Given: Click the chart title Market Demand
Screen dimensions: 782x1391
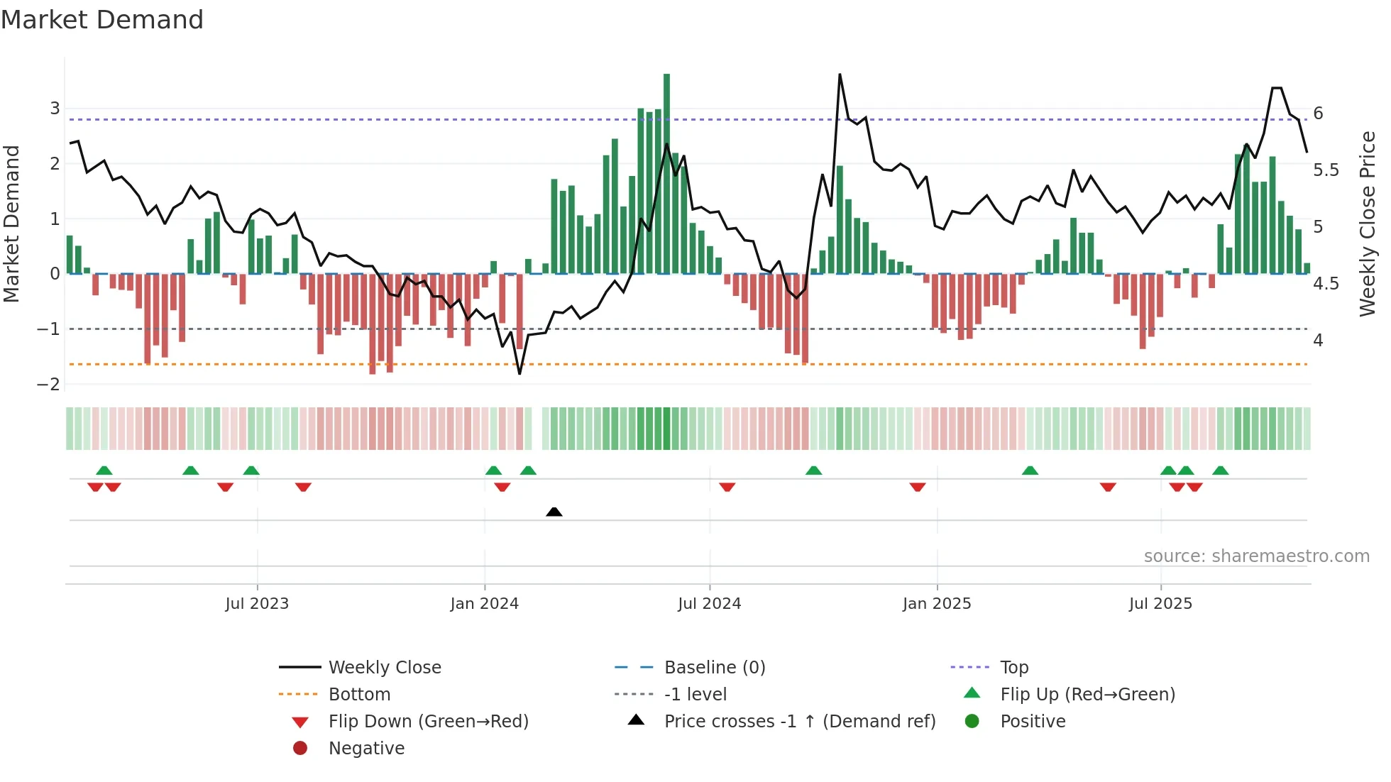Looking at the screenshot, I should coord(102,20).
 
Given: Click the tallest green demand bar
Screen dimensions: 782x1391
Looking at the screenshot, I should coord(666,173).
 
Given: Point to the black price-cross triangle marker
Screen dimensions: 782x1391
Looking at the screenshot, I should coord(554,512).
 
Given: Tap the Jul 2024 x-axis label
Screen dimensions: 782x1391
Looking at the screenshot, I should coord(709,604).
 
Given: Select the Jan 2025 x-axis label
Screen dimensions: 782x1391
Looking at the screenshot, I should coord(936,604).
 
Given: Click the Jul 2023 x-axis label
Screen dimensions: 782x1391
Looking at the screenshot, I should coord(257,604).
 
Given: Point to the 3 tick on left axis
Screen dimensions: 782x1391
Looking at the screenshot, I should coord(55,109).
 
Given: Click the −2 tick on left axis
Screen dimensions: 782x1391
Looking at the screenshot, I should coord(49,385).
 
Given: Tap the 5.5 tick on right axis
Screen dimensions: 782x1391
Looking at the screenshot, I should coord(1326,170).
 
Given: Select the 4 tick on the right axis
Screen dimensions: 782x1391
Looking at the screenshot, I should coord(1318,341).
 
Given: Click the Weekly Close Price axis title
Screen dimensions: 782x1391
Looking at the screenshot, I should coord(1367,224).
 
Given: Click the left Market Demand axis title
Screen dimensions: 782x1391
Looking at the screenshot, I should coord(11,224).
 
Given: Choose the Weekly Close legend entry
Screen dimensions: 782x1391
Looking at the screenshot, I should coord(384,668).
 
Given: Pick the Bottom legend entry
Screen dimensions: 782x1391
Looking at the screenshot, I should coord(359,695).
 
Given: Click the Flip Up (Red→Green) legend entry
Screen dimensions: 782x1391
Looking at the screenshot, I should coord(1087,695).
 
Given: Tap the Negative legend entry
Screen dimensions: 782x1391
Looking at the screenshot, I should coord(366,749).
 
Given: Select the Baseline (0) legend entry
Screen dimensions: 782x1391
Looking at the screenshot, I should coord(714,668).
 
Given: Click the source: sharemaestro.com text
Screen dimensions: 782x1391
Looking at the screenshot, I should coord(1256,556).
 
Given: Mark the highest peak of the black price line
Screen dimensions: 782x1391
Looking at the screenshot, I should coord(840,75).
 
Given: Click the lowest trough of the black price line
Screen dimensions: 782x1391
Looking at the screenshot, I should coord(519,373).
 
